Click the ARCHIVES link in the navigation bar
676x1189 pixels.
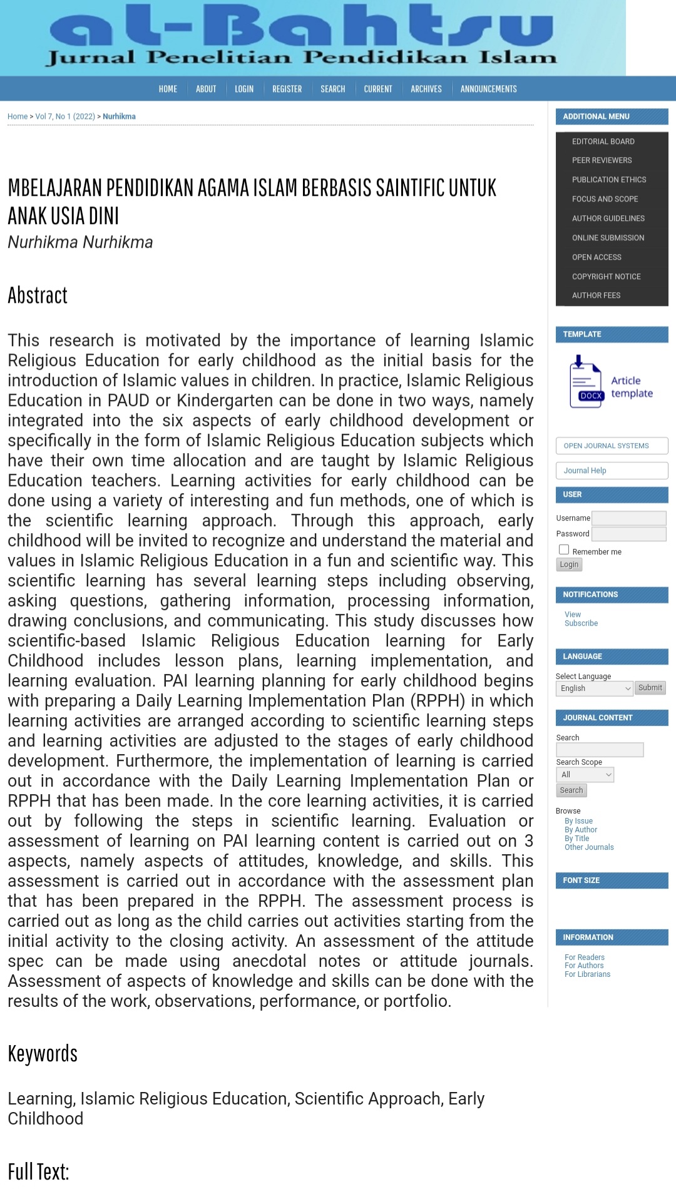[x=426, y=89]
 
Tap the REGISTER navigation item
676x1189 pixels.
[x=287, y=89]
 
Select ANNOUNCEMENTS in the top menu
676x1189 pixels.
[x=488, y=89]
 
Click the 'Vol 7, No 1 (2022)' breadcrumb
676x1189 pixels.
[x=65, y=116]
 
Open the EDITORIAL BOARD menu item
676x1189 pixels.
[x=603, y=141]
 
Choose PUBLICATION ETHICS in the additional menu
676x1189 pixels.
[x=608, y=180]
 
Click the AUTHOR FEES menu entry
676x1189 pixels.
[x=596, y=295]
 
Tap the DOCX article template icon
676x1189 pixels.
[x=586, y=382]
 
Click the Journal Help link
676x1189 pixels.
[x=585, y=471]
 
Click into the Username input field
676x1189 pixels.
[x=628, y=518]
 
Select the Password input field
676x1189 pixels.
[x=628, y=534]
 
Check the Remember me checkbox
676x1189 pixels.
[x=564, y=550]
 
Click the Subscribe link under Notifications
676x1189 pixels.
[x=581, y=623]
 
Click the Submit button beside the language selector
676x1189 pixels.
[x=650, y=688]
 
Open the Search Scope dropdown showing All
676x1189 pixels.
[x=585, y=775]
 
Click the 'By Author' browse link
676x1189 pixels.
[x=580, y=830]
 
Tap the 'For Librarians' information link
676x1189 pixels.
[x=587, y=974]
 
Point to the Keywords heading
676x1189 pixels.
[x=43, y=1054]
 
